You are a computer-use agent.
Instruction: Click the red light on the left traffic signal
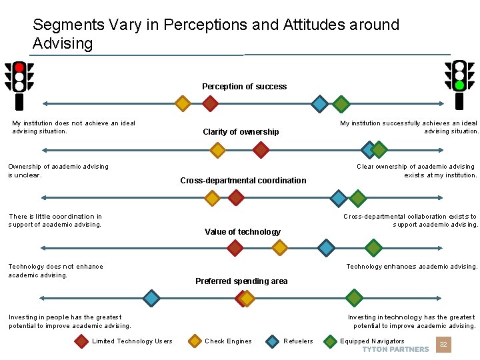click(x=20, y=67)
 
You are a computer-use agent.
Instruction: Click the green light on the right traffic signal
click(x=459, y=85)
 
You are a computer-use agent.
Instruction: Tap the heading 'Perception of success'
click(x=244, y=87)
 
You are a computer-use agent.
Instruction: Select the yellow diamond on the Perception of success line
click(x=182, y=103)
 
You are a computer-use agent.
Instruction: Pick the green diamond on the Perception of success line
click(x=341, y=103)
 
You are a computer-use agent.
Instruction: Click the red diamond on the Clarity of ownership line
click(x=261, y=149)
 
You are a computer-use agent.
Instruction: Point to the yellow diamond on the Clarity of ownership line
click(x=217, y=149)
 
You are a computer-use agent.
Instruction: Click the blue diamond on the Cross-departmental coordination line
click(x=339, y=198)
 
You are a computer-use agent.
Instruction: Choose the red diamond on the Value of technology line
click(x=235, y=248)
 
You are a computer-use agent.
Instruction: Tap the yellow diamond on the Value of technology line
click(x=280, y=248)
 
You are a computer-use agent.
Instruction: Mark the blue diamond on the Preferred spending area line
click(x=152, y=298)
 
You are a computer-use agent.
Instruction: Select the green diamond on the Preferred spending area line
click(x=355, y=298)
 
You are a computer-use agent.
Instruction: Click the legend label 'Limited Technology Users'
click(x=132, y=341)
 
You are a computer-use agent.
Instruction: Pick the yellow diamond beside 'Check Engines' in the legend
click(x=195, y=341)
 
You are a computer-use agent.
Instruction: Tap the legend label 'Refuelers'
click(x=298, y=341)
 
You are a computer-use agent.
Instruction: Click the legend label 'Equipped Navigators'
click(x=372, y=341)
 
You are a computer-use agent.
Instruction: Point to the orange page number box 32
click(x=443, y=345)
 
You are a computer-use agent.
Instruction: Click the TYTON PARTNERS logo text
click(x=395, y=349)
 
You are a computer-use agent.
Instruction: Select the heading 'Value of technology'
click(x=243, y=232)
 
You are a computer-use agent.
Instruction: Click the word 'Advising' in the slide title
click(x=63, y=44)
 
